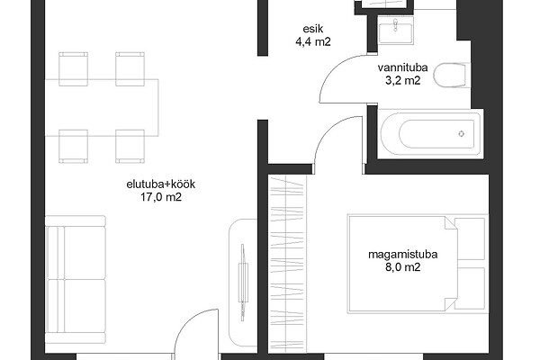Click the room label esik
click(x=313, y=29)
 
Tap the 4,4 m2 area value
click(x=313, y=42)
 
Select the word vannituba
click(x=402, y=67)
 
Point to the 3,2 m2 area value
click(x=403, y=81)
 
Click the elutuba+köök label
click(x=161, y=184)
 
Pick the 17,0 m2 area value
click(x=161, y=197)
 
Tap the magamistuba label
click(x=403, y=255)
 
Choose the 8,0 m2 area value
click(x=403, y=267)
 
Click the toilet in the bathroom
click(x=452, y=75)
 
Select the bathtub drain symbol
click(x=462, y=134)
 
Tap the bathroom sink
click(x=395, y=31)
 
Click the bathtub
click(x=430, y=134)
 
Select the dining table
click(x=102, y=107)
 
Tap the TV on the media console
click(x=243, y=283)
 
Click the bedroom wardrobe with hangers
click(x=287, y=264)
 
